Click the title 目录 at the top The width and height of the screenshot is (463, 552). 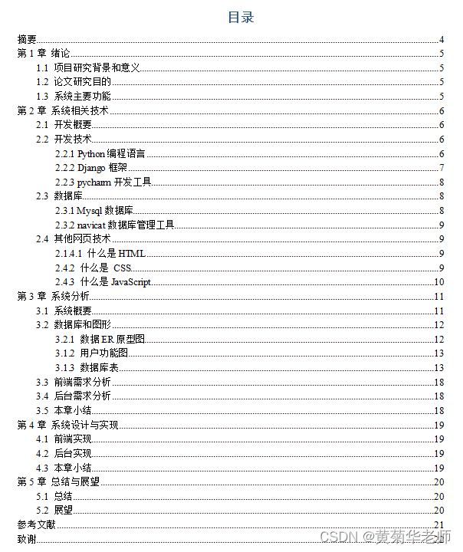[241, 18]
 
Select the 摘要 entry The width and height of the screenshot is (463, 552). [27, 40]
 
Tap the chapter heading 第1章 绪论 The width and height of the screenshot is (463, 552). [44, 54]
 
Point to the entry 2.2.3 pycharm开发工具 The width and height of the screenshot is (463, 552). [103, 182]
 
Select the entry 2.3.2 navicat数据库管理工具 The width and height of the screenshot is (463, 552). [115, 225]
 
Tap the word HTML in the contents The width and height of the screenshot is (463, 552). [131, 254]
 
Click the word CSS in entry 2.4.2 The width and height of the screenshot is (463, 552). [123, 268]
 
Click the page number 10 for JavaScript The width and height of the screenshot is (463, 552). [440, 282]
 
